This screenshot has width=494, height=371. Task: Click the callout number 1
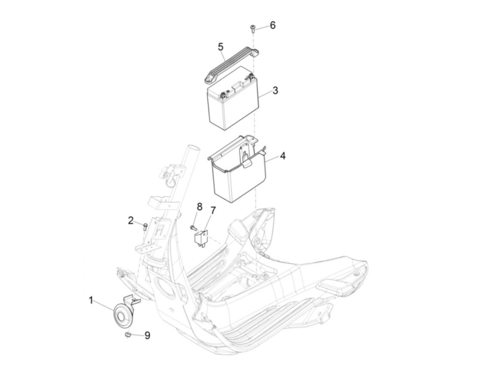click(x=91, y=300)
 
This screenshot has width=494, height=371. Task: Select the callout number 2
click(x=131, y=220)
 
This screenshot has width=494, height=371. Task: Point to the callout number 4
click(x=283, y=156)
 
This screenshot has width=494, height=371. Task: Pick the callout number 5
click(x=221, y=47)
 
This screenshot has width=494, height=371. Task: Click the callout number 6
click(x=272, y=25)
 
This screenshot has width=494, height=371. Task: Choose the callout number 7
click(x=212, y=211)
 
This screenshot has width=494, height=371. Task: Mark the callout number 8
click(x=199, y=207)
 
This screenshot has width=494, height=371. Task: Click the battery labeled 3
click(x=233, y=98)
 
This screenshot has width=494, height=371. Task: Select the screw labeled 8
click(x=193, y=228)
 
